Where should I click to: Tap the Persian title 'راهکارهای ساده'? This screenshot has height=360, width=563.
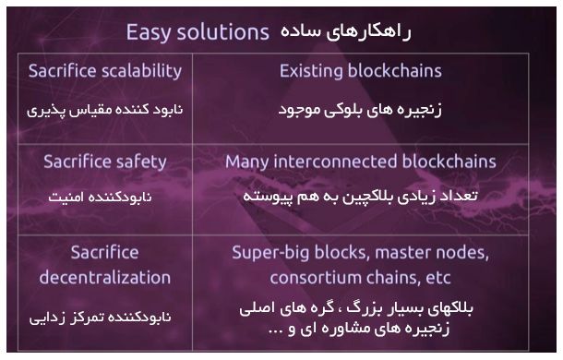[340, 32]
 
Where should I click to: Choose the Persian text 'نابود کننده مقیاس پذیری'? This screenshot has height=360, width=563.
[104, 109]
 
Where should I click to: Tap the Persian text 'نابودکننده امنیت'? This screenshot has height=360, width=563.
[104, 197]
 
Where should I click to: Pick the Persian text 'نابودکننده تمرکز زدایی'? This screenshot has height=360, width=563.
[104, 316]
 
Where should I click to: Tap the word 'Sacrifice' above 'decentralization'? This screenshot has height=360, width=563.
[104, 252]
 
